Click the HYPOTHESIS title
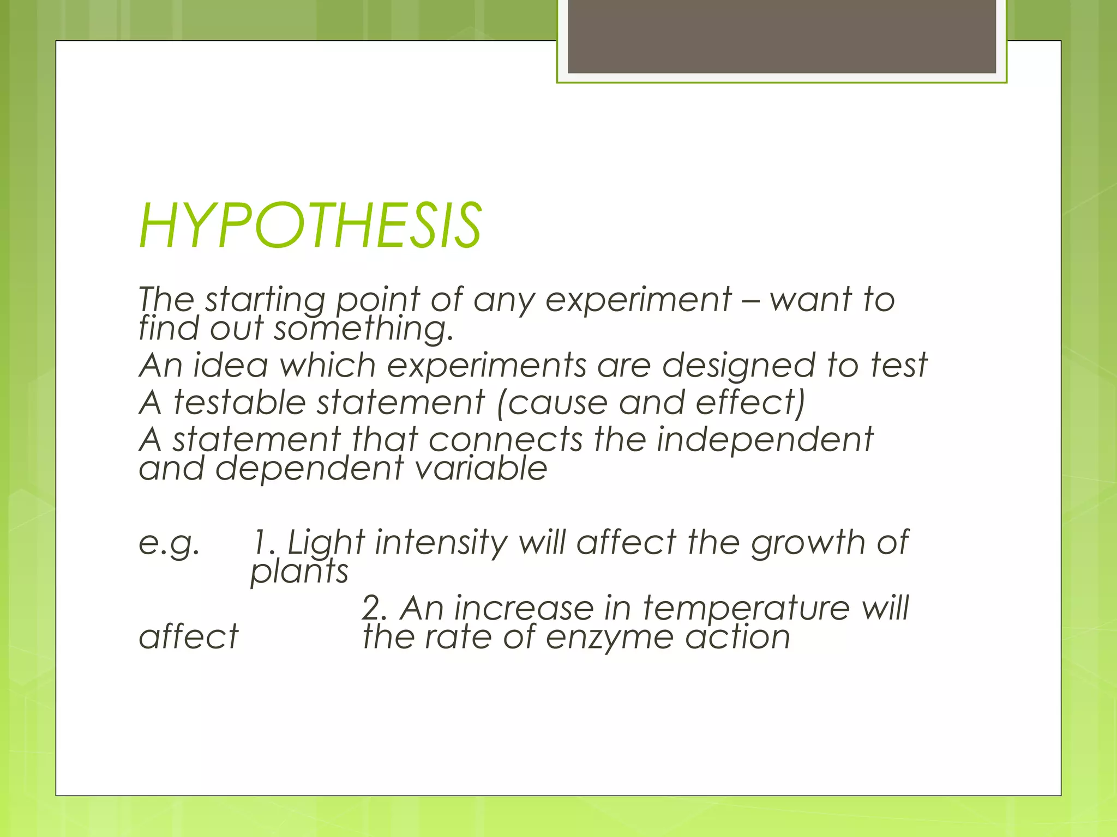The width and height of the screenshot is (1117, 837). point(310,225)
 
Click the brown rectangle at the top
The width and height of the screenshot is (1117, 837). point(782,36)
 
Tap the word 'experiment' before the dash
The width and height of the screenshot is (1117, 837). point(638,300)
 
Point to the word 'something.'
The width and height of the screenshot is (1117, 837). point(364,330)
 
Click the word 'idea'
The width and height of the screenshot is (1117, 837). point(231,365)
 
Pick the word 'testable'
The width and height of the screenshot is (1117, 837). point(239,403)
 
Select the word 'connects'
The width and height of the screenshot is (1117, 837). point(506,440)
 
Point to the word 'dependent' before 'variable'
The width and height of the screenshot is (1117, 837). point(310,469)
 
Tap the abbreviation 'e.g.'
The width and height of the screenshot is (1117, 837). point(169,543)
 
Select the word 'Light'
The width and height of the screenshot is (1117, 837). point(326,543)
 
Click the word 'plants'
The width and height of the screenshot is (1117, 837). point(299,572)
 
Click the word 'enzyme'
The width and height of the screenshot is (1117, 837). point(609,638)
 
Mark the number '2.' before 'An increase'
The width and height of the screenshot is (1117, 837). point(374,608)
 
